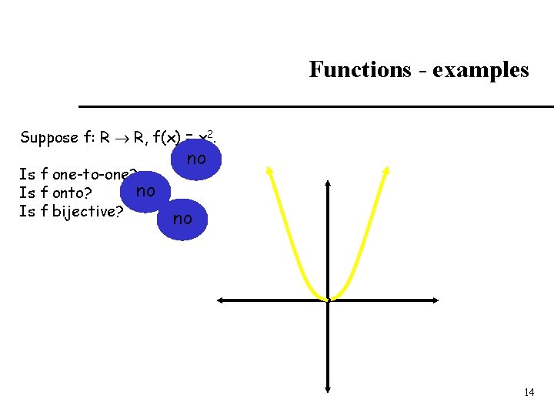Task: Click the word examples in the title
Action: point(481,70)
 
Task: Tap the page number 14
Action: point(529,392)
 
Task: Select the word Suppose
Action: point(48,138)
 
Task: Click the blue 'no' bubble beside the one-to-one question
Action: point(197,159)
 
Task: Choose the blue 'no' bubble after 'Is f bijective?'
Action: point(182,219)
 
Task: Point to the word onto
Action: point(67,193)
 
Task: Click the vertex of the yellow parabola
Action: point(327,298)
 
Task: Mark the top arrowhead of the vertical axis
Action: point(328,183)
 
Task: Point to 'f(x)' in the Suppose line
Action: point(167,138)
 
